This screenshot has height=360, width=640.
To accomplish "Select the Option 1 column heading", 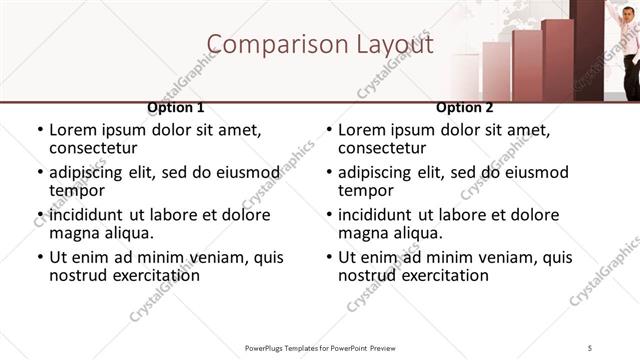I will pyautogui.click(x=176, y=107).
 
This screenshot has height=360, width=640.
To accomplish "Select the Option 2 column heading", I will pyautogui.click(x=465, y=107).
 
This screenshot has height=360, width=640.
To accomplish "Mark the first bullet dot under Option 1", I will pyautogui.click(x=40, y=130).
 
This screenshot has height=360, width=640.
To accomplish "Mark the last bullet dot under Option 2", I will pyautogui.click(x=329, y=258).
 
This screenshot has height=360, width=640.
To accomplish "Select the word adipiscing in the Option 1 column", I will pyautogui.click(x=96, y=172).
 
